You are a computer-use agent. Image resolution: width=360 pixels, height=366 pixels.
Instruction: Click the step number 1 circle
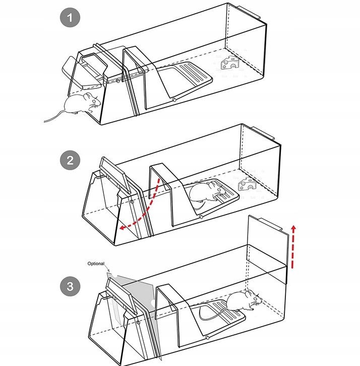click(71, 19)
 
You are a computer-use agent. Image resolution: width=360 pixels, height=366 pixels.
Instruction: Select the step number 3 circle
click(71, 287)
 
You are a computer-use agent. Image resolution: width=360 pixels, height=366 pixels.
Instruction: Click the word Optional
click(96, 263)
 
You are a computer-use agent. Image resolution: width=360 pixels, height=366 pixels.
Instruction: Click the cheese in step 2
click(247, 185)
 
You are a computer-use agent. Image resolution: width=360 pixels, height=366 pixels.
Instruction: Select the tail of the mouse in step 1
click(53, 117)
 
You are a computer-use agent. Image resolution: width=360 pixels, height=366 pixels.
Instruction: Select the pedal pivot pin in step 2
click(201, 217)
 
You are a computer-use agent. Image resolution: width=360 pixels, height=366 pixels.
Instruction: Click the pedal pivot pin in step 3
click(207, 337)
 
